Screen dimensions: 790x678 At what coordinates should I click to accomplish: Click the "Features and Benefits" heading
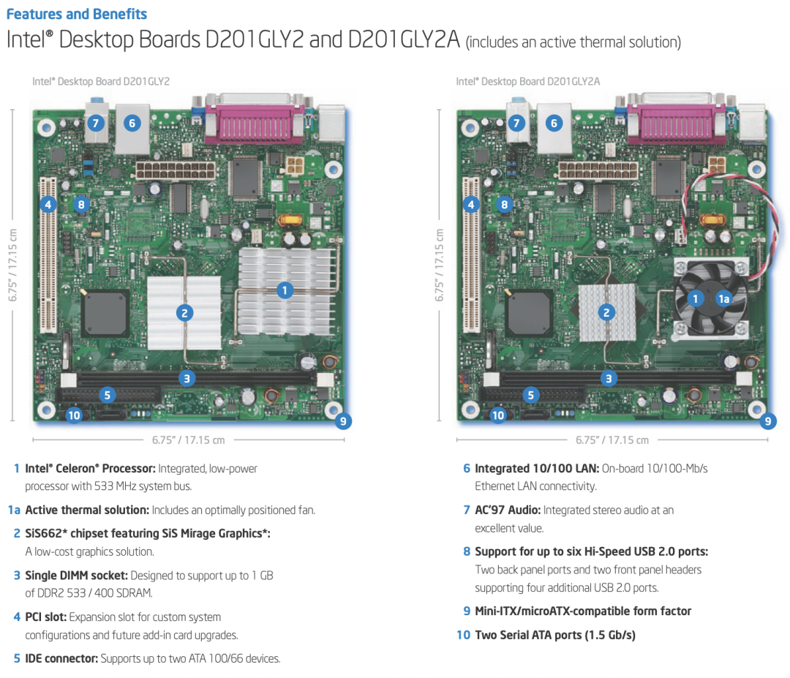pyautogui.click(x=77, y=14)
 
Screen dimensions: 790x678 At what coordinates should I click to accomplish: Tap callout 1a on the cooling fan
pyautogui.click(x=723, y=298)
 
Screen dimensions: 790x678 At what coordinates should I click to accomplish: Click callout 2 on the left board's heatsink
pyautogui.click(x=184, y=313)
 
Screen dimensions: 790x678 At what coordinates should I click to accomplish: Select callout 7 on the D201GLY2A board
pyautogui.click(x=516, y=122)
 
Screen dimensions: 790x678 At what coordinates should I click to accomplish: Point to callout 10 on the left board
pyautogui.click(x=74, y=415)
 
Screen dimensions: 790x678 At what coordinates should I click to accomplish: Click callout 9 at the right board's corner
pyautogui.click(x=767, y=421)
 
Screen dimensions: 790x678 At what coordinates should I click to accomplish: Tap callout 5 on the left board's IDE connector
pyautogui.click(x=107, y=395)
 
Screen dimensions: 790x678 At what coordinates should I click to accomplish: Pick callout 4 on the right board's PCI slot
pyautogui.click(x=470, y=204)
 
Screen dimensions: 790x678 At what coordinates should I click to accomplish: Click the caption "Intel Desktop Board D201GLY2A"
pyautogui.click(x=527, y=81)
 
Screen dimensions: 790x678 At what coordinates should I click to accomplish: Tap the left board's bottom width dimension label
pyautogui.click(x=189, y=440)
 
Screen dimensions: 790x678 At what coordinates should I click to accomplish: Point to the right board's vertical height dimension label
pyautogui.click(x=439, y=265)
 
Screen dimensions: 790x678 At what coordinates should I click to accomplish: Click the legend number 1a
pyautogui.click(x=14, y=510)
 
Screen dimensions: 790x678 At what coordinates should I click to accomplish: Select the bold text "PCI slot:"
pyautogui.click(x=46, y=617)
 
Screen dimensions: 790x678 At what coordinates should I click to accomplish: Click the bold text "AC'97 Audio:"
pyautogui.click(x=508, y=510)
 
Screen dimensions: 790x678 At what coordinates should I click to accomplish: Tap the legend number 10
pyautogui.click(x=463, y=635)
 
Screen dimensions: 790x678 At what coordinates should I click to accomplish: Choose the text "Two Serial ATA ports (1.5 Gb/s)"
pyautogui.click(x=554, y=635)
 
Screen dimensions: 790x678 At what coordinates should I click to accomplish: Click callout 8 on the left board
pyautogui.click(x=81, y=204)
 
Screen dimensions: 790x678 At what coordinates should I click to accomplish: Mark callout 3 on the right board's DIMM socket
pyautogui.click(x=608, y=378)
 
